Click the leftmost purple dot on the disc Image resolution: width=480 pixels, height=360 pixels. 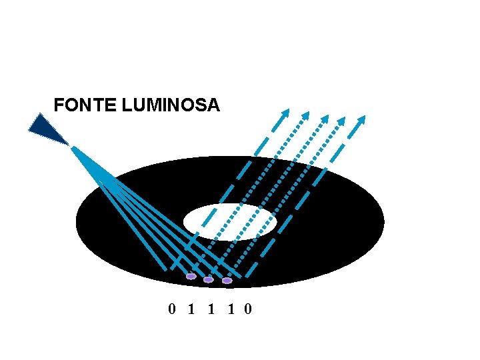click(x=191, y=276)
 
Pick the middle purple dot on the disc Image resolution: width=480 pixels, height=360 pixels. click(x=209, y=279)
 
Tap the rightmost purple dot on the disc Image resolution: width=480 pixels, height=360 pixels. click(x=227, y=281)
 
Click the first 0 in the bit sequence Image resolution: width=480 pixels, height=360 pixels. click(x=172, y=309)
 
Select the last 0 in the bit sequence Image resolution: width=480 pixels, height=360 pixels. click(x=248, y=309)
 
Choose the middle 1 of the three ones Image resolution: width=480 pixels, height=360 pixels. click(x=211, y=309)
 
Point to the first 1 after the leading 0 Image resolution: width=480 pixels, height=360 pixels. click(x=192, y=309)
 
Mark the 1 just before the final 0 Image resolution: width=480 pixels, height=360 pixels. click(x=230, y=309)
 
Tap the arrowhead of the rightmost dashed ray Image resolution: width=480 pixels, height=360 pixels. click(x=361, y=121)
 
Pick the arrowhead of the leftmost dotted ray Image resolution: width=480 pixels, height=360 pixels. click(x=305, y=115)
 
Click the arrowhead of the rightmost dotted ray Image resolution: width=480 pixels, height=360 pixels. click(x=341, y=121)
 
